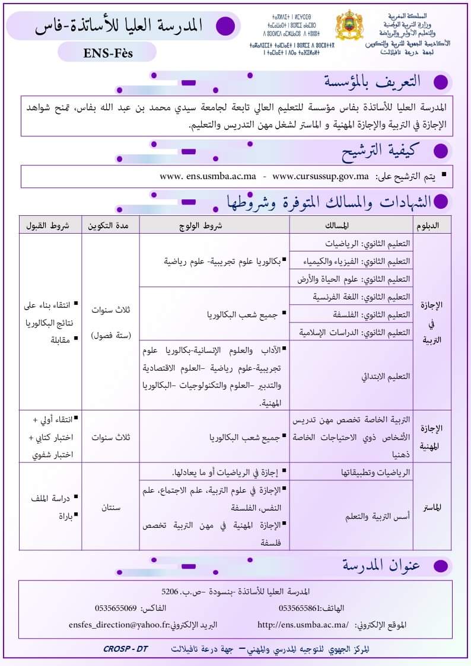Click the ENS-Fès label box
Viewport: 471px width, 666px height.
pos(107,52)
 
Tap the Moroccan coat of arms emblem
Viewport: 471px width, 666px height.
pos(349,28)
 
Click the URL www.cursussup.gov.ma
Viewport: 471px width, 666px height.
pos(320,177)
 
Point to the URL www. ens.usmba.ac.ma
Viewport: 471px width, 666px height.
pos(208,177)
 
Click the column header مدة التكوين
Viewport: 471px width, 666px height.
pos(110,226)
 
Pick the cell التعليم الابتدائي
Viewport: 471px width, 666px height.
pos(386,376)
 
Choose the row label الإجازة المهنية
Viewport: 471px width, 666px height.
pos(431,437)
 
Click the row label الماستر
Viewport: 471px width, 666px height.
pos(431,507)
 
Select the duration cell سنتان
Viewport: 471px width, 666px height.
pos(110,507)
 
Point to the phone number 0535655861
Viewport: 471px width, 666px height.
pos(299,608)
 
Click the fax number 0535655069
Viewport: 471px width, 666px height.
pos(116,608)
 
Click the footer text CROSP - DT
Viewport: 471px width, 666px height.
pos(125,649)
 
